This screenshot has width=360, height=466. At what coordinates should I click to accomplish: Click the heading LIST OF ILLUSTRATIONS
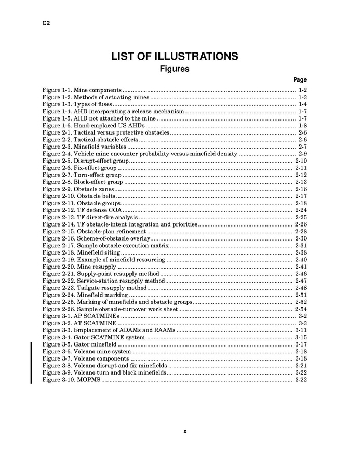coord(175,56)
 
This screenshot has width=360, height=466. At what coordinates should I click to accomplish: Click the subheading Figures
coord(174,69)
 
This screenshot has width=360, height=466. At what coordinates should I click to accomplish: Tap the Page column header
coord(300,80)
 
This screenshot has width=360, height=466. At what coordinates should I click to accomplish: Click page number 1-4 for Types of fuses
coord(302,104)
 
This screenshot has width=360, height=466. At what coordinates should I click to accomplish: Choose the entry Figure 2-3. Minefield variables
coord(84,147)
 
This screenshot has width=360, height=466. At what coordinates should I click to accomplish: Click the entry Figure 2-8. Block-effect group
coord(83,182)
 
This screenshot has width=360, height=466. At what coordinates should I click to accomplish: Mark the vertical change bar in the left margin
coord(31,362)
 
